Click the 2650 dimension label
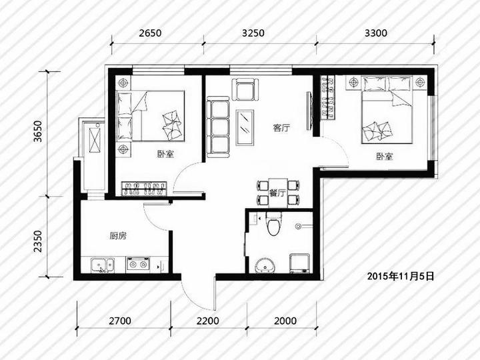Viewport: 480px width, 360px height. tap(150, 33)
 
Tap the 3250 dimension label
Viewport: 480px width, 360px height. tap(253, 33)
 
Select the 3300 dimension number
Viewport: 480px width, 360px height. tap(375, 33)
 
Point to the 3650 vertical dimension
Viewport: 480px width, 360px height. tap(38, 131)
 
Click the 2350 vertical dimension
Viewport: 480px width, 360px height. tap(38, 241)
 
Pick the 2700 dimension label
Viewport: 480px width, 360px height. tap(120, 321)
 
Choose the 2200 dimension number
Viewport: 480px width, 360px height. tap(208, 321)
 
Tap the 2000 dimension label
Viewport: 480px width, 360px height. tap(285, 321)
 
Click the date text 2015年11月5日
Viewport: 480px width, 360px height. tap(401, 277)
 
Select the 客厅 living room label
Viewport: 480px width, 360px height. tap(281, 127)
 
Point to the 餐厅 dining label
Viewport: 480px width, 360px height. tap(277, 193)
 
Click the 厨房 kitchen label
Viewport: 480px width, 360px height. tap(118, 236)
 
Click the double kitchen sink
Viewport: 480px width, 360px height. tap(103, 265)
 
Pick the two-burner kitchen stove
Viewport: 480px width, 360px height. tap(138, 264)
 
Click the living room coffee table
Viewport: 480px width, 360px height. tap(245, 127)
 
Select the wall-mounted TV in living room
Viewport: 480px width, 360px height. tap(309, 111)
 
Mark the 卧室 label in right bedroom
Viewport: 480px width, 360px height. tap(385, 157)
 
